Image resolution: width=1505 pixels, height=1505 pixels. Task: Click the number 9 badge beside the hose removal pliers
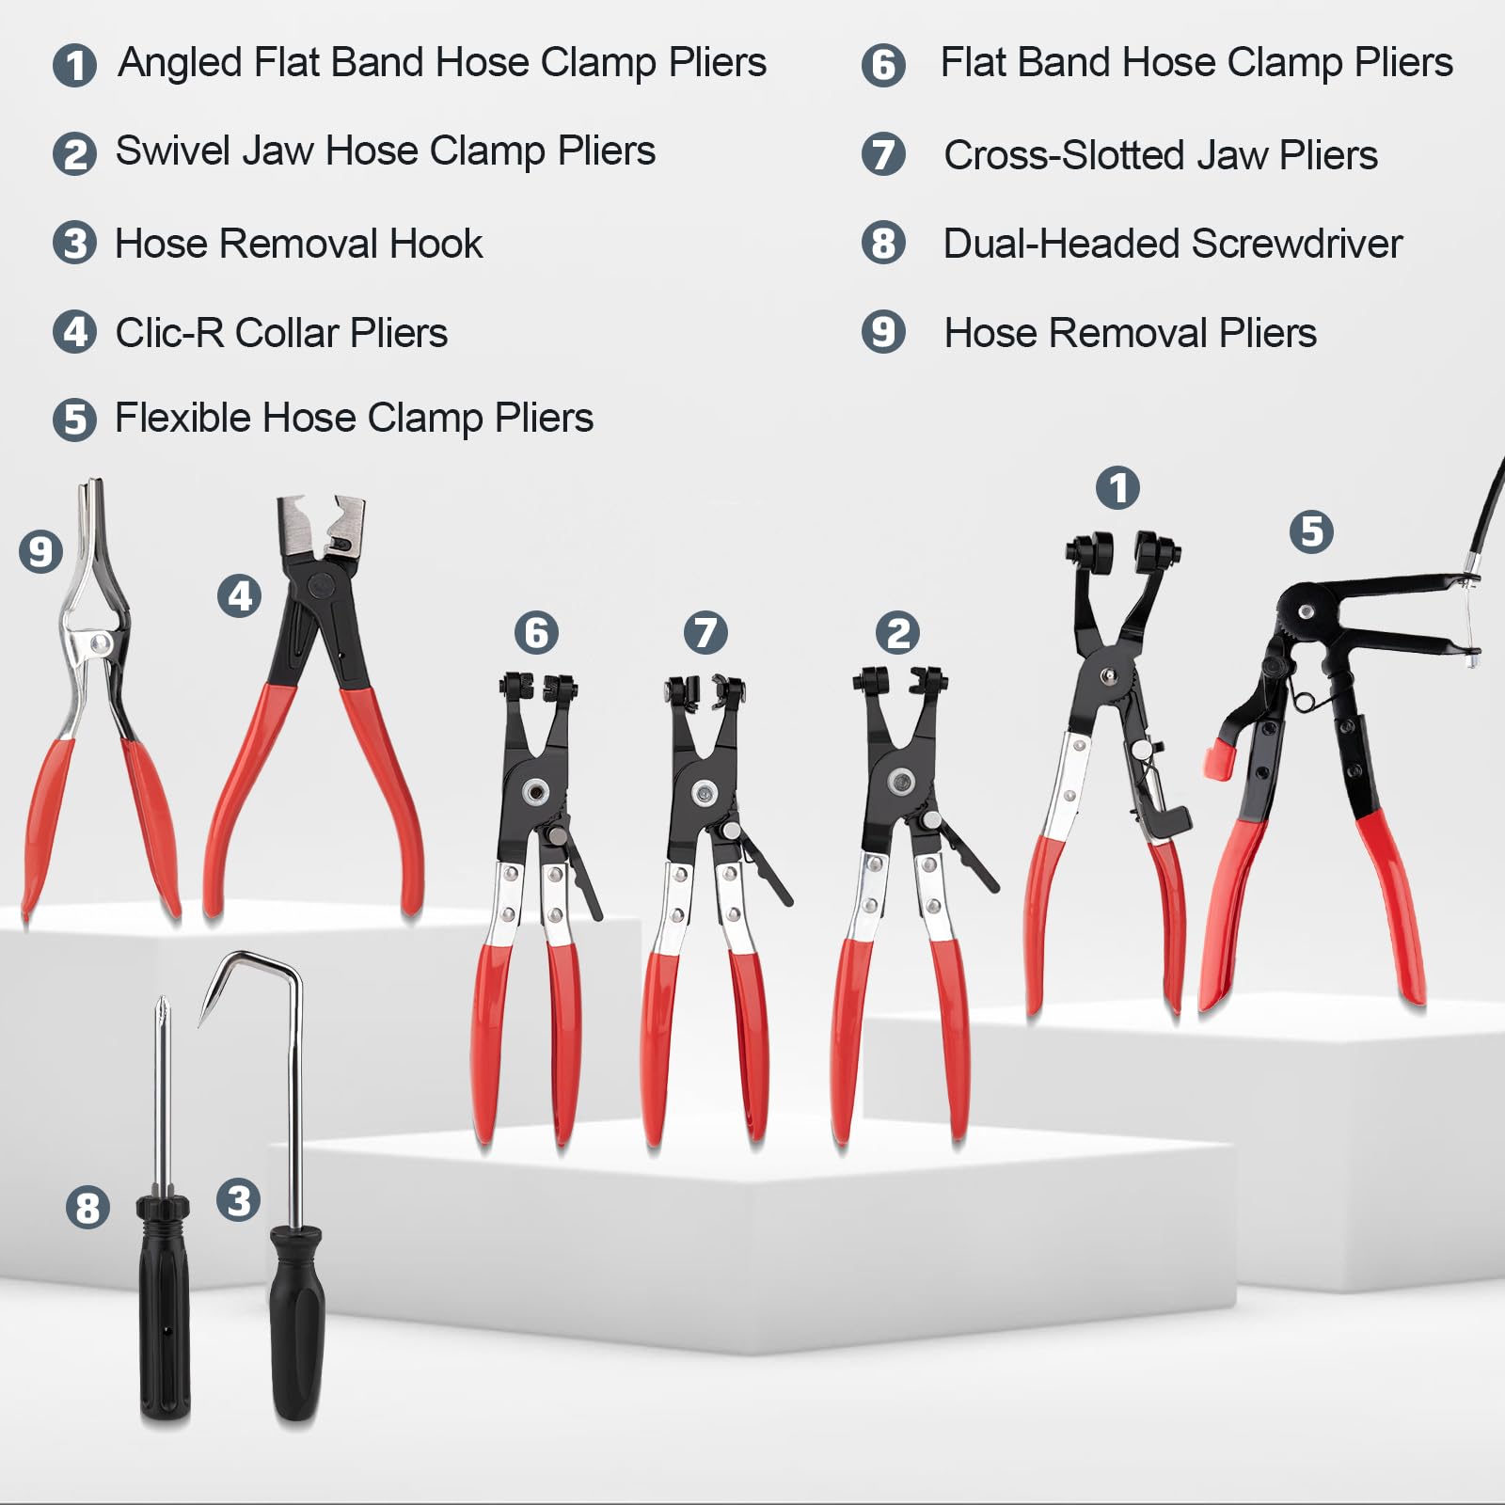(x=40, y=551)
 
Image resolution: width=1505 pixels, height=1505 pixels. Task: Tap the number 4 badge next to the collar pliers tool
(x=240, y=595)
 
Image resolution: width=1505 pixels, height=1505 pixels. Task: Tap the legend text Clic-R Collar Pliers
(x=281, y=333)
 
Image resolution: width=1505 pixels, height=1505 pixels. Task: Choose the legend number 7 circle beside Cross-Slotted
(x=883, y=154)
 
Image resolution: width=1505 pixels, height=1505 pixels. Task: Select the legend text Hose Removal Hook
(x=298, y=244)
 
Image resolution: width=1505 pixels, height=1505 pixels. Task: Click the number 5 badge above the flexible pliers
(x=1311, y=531)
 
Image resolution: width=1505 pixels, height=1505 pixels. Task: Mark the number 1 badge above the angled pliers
(x=1117, y=488)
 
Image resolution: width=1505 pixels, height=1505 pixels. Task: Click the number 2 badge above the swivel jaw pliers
(x=897, y=632)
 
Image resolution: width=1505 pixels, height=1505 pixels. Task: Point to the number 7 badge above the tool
(x=705, y=632)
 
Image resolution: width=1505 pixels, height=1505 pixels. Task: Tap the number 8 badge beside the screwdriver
(x=87, y=1207)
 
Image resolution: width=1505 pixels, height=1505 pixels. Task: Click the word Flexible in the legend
(x=182, y=418)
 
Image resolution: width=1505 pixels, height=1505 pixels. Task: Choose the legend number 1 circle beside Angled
(x=74, y=65)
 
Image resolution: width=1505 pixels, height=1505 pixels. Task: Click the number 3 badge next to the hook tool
(x=238, y=1200)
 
